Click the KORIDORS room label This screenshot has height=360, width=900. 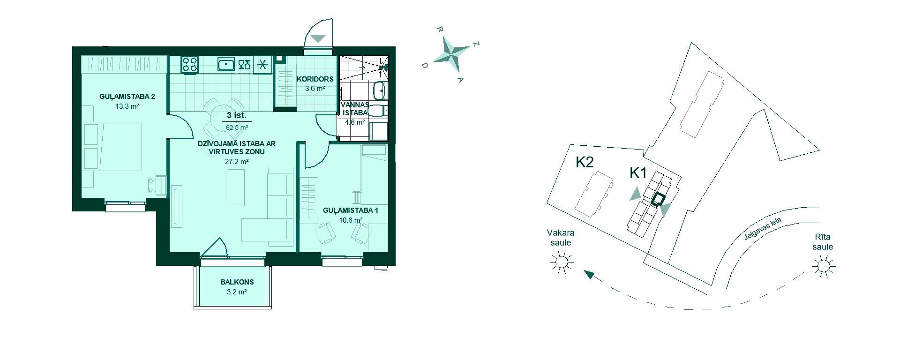coord(315,79)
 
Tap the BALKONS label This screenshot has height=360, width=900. coord(237,282)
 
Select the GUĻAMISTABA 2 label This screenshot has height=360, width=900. coord(127,97)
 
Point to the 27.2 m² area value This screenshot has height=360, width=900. coord(237,161)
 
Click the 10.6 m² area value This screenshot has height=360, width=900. coord(351,220)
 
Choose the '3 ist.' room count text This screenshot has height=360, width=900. coord(236,115)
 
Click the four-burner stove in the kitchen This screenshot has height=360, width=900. coord(190,64)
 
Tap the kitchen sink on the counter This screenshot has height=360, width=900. coord(226,64)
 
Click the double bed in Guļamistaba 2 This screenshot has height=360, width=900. coord(112,146)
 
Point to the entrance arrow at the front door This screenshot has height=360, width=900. coord(318,38)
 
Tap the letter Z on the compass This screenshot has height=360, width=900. coord(476,45)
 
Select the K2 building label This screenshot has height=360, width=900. coord(585,162)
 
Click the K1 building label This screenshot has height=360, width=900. coord(638,173)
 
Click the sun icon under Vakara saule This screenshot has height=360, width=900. coord(561,262)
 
